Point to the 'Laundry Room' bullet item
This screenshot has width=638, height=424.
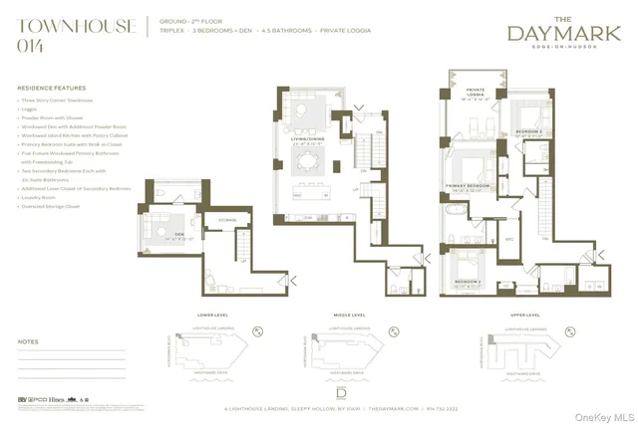pos(39,196)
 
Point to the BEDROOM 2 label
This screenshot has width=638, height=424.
pos(527,131)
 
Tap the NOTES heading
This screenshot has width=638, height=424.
pos(28,341)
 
